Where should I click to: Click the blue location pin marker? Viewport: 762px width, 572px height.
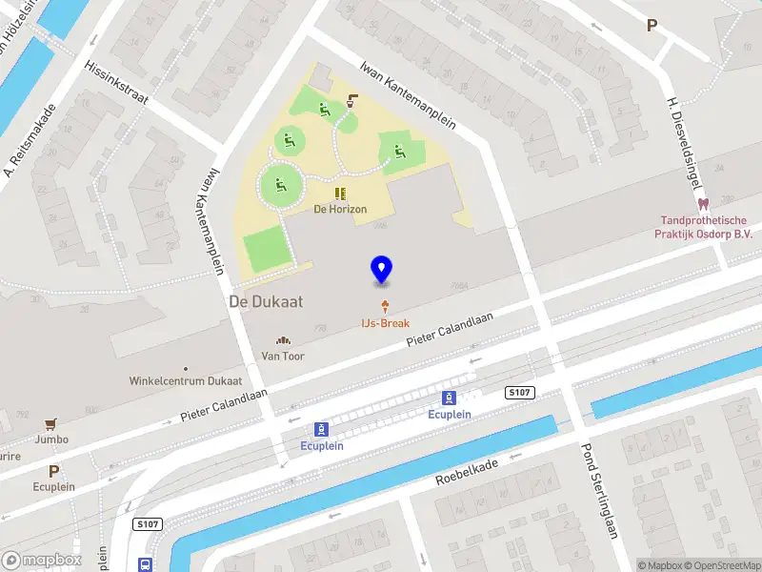point(382,270)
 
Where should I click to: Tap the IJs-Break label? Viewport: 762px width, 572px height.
point(385,323)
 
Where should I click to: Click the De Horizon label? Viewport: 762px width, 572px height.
point(340,209)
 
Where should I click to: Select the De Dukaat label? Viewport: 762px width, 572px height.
point(266,301)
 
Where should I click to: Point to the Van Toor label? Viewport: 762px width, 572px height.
point(283,356)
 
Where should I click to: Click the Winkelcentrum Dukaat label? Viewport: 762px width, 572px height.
point(186,380)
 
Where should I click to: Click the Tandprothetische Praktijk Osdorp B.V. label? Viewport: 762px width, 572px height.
point(703,226)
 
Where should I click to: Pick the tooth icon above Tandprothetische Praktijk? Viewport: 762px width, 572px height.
point(704,203)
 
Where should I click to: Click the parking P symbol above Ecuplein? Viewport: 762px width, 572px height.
point(54,471)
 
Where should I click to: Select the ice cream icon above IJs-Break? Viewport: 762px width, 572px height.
point(385,307)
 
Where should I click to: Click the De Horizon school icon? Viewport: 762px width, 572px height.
point(340,194)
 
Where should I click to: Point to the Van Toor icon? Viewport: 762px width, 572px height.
point(283,341)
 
